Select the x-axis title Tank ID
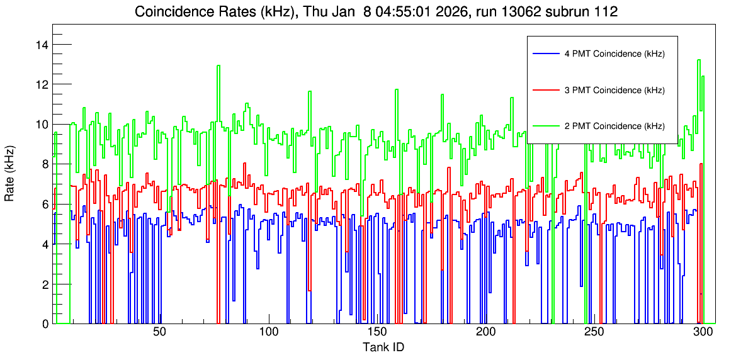[x=383, y=347]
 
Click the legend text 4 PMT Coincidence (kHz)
[x=614, y=54]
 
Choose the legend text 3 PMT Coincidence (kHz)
[x=614, y=90]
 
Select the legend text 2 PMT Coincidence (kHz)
[x=614, y=126]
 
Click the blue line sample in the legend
[x=545, y=54]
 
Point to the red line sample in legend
[x=545, y=90]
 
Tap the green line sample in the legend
[x=545, y=126]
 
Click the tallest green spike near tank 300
[x=698, y=60]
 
